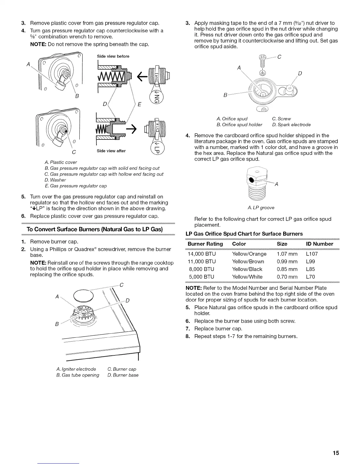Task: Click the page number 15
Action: (x=336, y=453)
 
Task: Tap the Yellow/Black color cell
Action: (x=247, y=269)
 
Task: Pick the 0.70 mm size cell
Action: (x=287, y=277)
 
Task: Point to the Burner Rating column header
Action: (x=205, y=244)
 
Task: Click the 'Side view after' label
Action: (x=111, y=151)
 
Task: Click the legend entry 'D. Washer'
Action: (x=55, y=180)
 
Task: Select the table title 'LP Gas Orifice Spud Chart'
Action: (x=244, y=234)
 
